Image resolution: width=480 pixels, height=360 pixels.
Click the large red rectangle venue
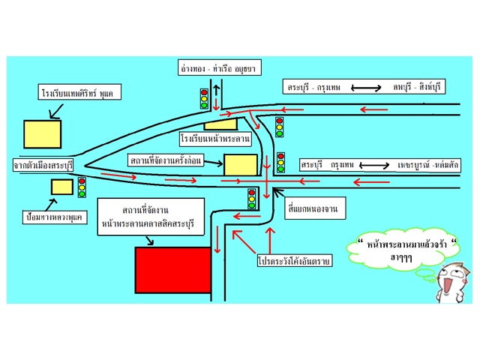point(172,271)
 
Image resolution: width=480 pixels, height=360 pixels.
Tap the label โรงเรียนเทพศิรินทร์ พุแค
point(82,94)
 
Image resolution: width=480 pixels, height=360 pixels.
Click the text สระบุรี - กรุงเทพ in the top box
point(314,88)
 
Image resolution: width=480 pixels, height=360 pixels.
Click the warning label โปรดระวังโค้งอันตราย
point(292,262)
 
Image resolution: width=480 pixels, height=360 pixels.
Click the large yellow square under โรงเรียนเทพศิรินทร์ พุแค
point(42,133)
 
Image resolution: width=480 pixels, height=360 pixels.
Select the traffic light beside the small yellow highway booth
point(82,187)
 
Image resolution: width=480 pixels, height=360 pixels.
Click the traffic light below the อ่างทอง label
point(203,98)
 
